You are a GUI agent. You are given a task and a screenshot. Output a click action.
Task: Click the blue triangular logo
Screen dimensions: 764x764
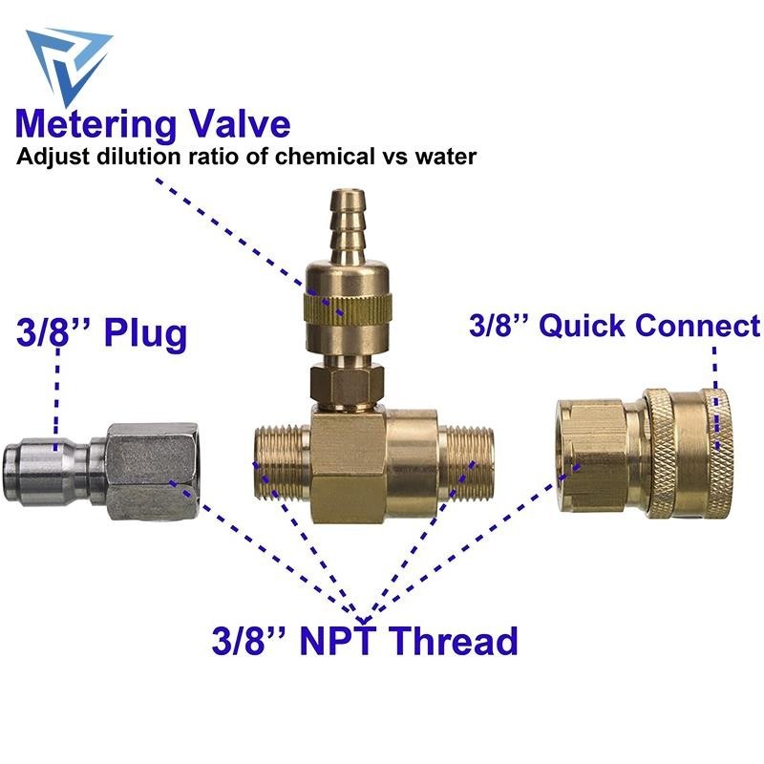pos(68,63)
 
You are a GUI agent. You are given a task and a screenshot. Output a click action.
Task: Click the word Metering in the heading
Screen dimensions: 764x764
pos(96,126)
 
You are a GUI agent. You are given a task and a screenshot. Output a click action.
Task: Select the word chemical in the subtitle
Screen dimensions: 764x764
pos(325,158)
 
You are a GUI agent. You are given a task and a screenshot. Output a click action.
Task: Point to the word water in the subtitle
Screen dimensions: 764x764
pos(446,158)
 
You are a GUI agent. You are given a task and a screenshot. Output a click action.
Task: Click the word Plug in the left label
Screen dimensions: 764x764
pos(146,334)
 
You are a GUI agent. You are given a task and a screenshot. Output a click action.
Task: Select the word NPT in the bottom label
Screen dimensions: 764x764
pos(338,641)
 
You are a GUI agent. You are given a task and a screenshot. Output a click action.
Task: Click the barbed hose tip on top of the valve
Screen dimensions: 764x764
pos(347,225)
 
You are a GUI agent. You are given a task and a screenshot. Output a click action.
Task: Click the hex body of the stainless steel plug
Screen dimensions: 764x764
pos(152,472)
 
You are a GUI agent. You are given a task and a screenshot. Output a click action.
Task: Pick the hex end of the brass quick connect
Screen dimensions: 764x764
pos(590,456)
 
